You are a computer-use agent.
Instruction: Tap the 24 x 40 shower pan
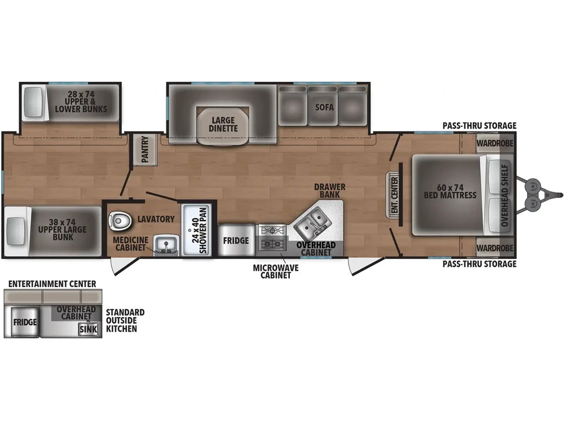(197, 228)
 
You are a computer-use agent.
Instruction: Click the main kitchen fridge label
(236, 241)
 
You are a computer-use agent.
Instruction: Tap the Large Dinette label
(224, 124)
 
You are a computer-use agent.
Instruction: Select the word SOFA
(324, 107)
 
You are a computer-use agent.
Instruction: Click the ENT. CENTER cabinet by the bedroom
(393, 195)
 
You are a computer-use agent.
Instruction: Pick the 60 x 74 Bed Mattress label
(450, 191)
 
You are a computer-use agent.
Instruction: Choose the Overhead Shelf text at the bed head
(505, 195)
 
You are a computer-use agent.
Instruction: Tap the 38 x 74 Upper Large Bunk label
(56, 230)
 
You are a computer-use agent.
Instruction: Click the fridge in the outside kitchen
(25, 322)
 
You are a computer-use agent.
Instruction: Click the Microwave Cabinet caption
(276, 271)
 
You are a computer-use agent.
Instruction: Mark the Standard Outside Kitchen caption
(125, 320)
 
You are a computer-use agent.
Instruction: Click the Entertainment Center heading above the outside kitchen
(52, 284)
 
